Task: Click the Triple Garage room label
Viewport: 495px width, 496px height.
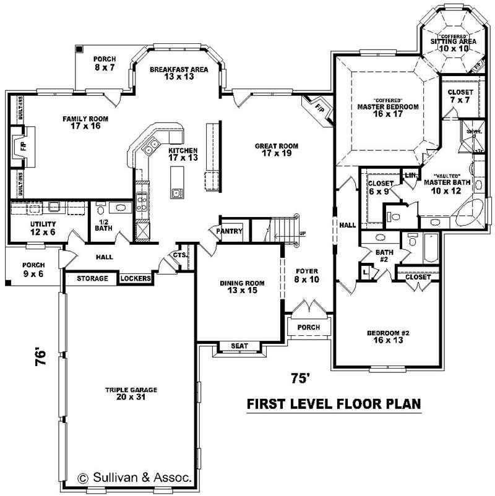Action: pyautogui.click(x=131, y=393)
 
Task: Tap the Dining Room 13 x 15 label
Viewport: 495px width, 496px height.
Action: pyautogui.click(x=243, y=287)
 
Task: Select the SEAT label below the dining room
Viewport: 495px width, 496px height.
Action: pyautogui.click(x=239, y=346)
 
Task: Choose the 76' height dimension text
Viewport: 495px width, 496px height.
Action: pyautogui.click(x=41, y=357)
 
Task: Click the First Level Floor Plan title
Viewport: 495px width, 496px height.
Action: pyautogui.click(x=334, y=404)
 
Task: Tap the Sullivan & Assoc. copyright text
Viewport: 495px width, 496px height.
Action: pyautogui.click(x=135, y=477)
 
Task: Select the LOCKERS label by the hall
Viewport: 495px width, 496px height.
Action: pyautogui.click(x=136, y=279)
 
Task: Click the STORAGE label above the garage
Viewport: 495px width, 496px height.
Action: pyautogui.click(x=92, y=279)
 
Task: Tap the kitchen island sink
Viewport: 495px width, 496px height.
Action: pyautogui.click(x=177, y=193)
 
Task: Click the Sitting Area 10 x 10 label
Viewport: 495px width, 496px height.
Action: pyautogui.click(x=453, y=44)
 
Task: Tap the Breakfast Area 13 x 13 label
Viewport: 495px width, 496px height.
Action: pyautogui.click(x=179, y=73)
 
